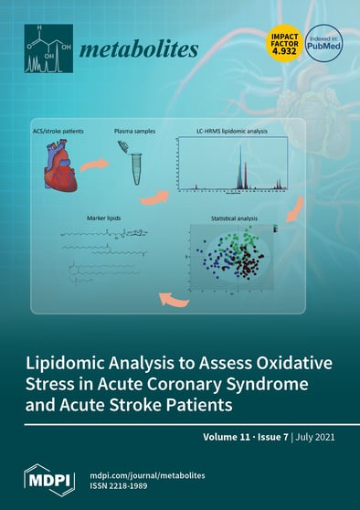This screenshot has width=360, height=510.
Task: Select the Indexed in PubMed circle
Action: click(325, 44)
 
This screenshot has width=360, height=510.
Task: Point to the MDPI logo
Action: click(48, 475)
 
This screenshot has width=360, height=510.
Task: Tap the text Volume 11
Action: click(228, 439)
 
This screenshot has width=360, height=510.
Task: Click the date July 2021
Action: click(314, 439)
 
